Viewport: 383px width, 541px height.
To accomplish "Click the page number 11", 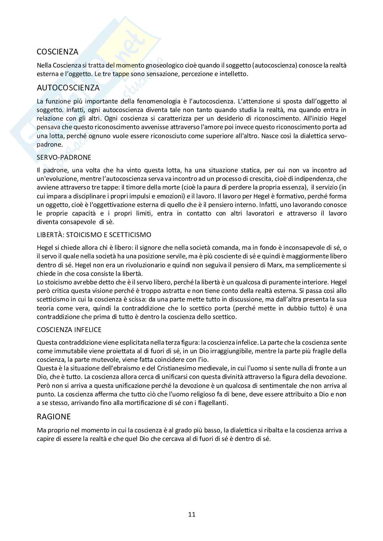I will coord(192,514).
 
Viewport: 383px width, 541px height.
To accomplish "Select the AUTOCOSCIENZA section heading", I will coord(68,88).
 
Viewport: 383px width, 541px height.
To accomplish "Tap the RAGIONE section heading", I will coord(54,417).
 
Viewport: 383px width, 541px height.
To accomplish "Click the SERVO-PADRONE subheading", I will coord(64,157).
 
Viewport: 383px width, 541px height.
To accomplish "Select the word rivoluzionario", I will coord(131,265).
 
